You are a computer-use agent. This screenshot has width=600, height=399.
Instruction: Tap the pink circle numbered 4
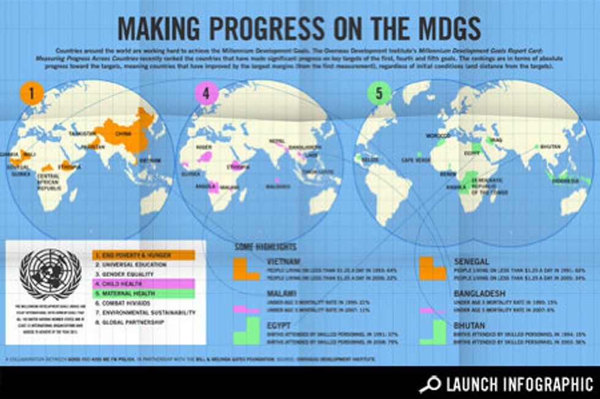[x=206, y=94]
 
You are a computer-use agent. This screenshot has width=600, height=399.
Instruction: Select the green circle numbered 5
[x=379, y=94]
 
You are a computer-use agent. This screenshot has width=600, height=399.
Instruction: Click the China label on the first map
[x=123, y=133]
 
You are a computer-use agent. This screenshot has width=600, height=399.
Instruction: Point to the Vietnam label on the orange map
[x=150, y=161]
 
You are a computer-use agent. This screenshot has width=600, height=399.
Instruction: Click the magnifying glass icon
[x=430, y=384]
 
